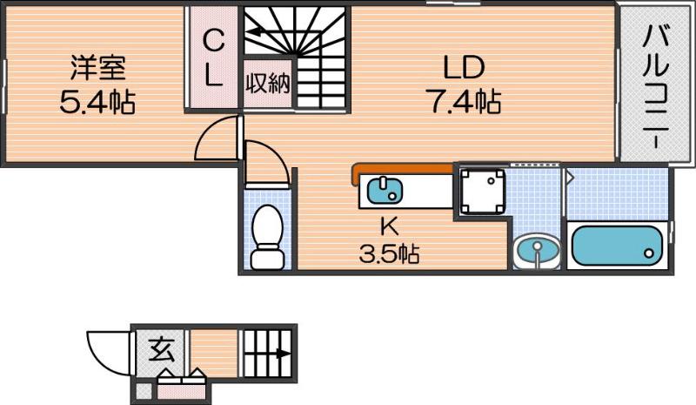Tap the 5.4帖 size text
tap(97, 103)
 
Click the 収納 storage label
tap(268, 84)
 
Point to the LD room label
tap(462, 68)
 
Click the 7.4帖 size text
tap(462, 103)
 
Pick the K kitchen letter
tap(389, 225)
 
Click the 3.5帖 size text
tap(389, 254)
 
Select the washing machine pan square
tap(481, 192)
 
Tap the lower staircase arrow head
tap(284, 354)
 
